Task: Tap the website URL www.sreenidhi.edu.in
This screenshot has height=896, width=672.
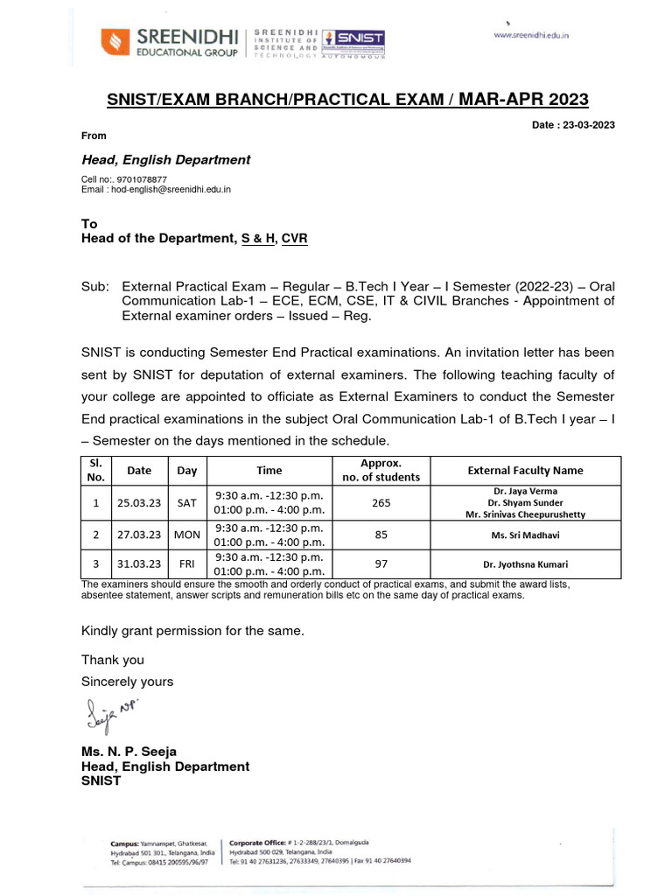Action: (532, 36)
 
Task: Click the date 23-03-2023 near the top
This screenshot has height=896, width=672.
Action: (588, 125)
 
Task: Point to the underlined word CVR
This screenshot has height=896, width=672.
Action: (294, 238)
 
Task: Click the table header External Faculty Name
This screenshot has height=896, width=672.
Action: (525, 470)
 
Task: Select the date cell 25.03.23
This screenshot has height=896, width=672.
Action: (139, 503)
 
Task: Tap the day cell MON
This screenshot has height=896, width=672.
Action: (187, 533)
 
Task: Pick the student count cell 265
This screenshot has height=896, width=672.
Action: (381, 503)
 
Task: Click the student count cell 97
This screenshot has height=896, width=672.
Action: (381, 564)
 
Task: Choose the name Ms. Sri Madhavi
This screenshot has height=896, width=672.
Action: (525, 534)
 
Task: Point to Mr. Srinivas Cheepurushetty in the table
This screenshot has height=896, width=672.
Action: (525, 515)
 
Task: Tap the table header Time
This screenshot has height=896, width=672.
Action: (269, 470)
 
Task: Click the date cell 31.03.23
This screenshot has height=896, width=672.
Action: (139, 564)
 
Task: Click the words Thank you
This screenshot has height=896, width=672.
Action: (113, 660)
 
